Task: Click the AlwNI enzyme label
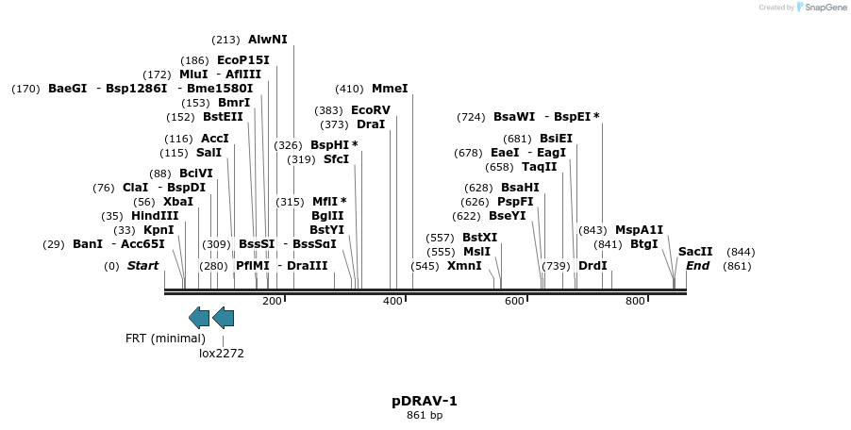click(267, 40)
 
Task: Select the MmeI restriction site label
click(390, 89)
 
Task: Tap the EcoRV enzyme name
click(371, 110)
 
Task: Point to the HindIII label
click(155, 216)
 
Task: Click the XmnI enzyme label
click(464, 266)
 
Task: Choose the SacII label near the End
click(695, 252)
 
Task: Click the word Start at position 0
click(142, 266)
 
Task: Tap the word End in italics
click(697, 266)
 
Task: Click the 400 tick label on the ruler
click(392, 301)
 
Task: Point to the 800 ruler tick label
click(635, 301)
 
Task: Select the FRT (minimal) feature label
click(165, 339)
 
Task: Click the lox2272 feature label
click(222, 354)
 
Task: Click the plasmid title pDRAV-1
click(425, 401)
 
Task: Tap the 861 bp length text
click(425, 415)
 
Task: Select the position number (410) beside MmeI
click(349, 89)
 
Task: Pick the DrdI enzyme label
click(592, 266)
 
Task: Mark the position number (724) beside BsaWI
click(470, 118)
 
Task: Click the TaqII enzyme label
click(540, 167)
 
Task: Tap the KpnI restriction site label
click(159, 230)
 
